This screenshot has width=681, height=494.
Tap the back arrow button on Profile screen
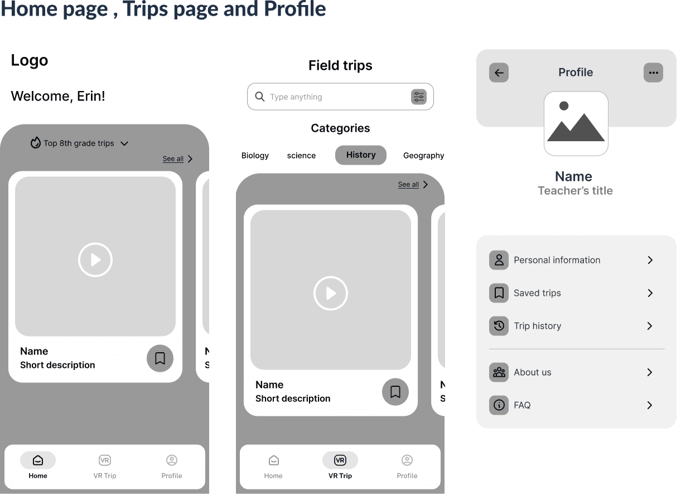[x=499, y=73]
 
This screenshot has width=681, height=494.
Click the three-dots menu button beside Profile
[x=653, y=73]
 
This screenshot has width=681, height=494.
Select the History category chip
[x=361, y=155]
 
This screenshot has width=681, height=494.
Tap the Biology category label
[x=255, y=156]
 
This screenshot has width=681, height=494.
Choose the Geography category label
[x=423, y=156]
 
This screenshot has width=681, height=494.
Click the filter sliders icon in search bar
[x=418, y=97]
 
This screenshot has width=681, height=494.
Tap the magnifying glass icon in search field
[x=260, y=97]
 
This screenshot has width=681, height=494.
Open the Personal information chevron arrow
[x=650, y=260]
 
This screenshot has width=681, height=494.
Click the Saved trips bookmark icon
[x=499, y=293]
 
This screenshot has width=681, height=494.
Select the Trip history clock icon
[x=499, y=326]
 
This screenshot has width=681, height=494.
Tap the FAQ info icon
[x=499, y=405]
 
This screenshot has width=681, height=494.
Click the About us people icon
[x=499, y=372]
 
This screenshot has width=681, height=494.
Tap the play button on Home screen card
[x=95, y=260]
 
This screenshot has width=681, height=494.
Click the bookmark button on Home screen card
[x=160, y=358]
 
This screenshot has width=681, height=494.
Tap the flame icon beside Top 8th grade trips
[x=36, y=143]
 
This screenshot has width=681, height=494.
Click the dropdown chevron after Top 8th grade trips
[x=124, y=143]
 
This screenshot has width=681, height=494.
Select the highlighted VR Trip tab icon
[x=340, y=461]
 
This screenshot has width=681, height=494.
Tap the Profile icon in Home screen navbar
[x=172, y=461]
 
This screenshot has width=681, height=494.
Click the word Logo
[x=30, y=60]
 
